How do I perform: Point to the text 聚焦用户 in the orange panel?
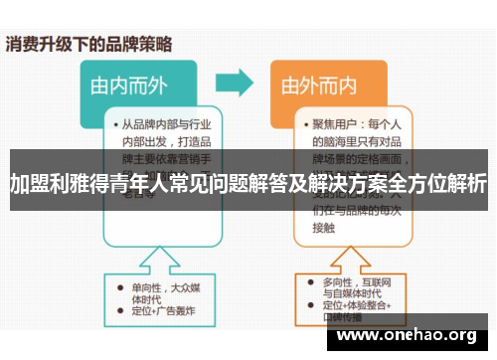332,125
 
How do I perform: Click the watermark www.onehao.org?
406,335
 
